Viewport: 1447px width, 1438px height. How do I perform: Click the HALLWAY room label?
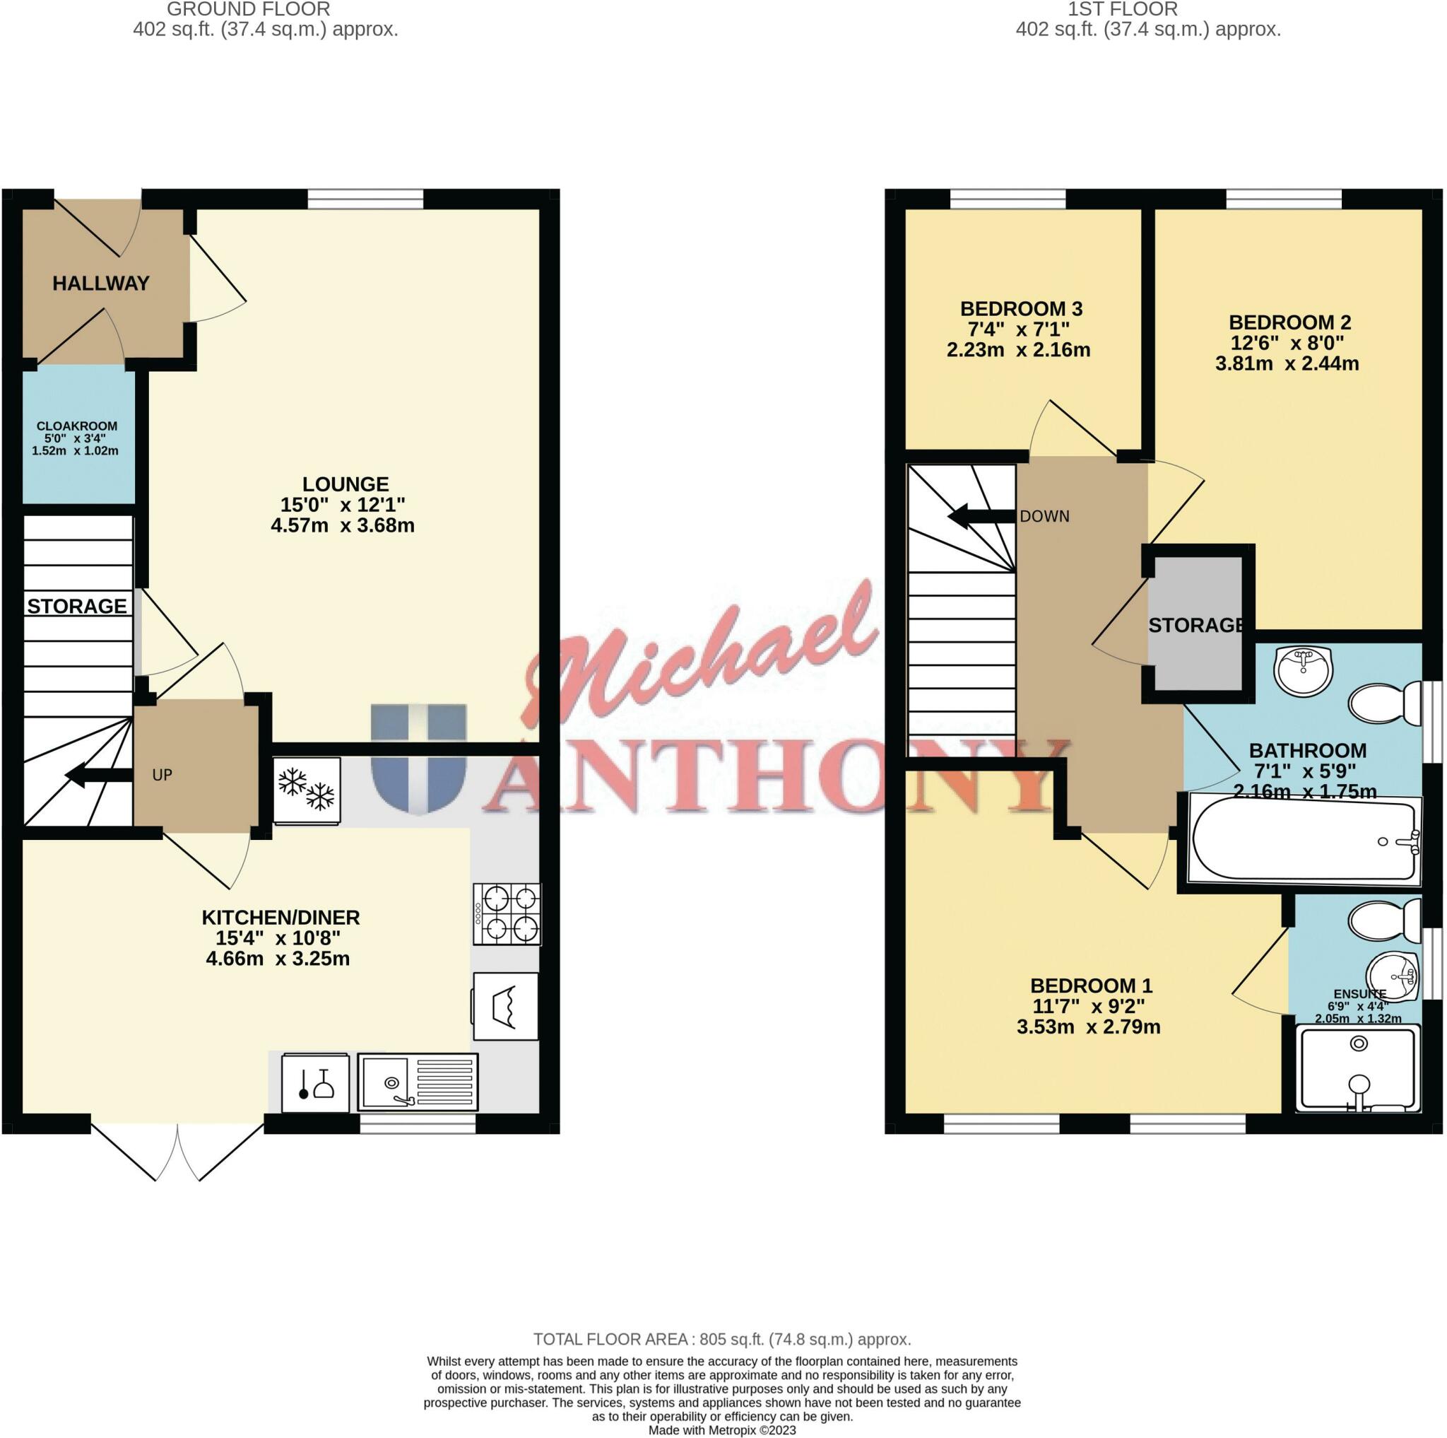100,283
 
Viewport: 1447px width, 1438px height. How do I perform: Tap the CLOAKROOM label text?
76,426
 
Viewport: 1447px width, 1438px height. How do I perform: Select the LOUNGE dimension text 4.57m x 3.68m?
342,525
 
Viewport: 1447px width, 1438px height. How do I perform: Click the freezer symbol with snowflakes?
307,790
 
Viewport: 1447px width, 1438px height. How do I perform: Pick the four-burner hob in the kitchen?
507,913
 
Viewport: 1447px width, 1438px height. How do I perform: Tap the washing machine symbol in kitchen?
506,1005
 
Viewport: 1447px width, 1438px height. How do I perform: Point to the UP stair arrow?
98,775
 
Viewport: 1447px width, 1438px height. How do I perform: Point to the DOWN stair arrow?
981,516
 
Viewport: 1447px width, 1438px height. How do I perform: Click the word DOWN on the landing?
1044,516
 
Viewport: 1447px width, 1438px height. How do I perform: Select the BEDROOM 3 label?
1021,309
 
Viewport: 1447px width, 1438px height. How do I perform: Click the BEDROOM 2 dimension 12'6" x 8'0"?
1287,343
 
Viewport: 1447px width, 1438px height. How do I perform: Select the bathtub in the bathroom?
1303,841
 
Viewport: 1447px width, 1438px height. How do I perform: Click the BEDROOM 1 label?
1090,986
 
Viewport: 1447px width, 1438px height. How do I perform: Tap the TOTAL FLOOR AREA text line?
722,1339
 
